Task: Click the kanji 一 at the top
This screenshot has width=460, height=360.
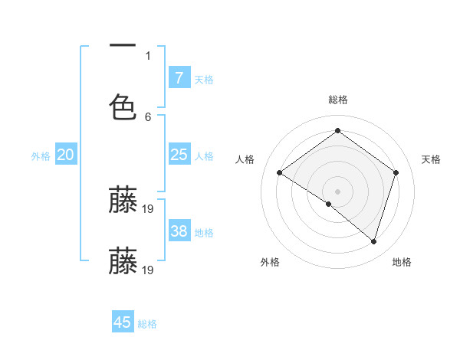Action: (123, 47)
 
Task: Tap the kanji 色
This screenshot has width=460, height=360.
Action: (123, 106)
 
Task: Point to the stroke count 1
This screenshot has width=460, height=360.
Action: (148, 56)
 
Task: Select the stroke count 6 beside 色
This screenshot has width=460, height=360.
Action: (148, 116)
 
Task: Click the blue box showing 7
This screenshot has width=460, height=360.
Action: (179, 77)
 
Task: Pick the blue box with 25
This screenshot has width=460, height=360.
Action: (179, 155)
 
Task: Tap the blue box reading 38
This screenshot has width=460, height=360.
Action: (179, 231)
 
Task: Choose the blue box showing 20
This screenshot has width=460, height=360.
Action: (66, 155)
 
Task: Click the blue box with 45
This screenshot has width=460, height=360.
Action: (123, 322)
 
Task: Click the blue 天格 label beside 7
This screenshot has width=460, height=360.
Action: (204, 80)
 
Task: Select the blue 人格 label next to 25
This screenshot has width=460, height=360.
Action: (204, 156)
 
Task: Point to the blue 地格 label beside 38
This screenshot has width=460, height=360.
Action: (204, 233)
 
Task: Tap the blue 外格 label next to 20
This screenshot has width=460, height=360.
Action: (41, 156)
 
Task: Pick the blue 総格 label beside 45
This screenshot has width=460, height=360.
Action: (148, 324)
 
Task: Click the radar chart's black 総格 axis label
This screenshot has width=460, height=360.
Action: (337, 100)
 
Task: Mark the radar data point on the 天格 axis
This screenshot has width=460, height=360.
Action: (396, 172)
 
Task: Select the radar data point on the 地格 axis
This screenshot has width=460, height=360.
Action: (373, 241)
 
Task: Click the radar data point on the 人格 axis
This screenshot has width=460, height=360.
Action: (280, 172)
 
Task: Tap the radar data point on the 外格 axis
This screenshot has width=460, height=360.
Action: (329, 204)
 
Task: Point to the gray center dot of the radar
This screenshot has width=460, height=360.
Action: (337, 191)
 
